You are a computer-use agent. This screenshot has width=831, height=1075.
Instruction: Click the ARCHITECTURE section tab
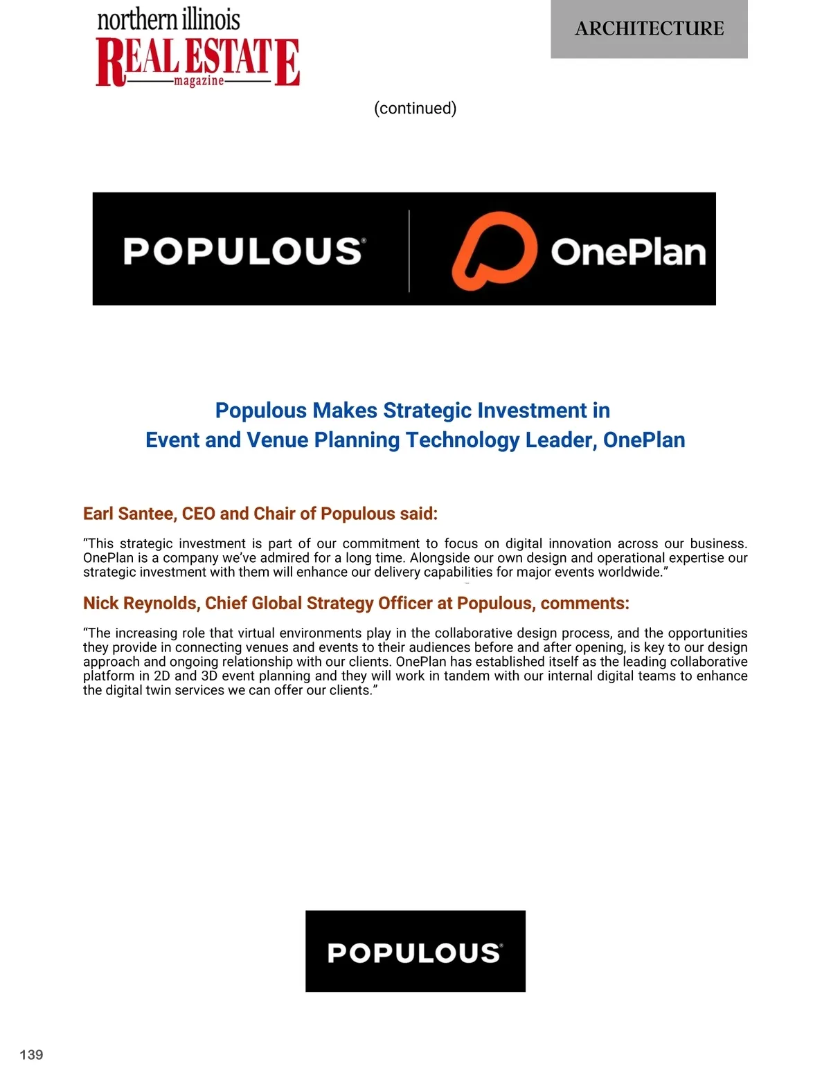pos(649,29)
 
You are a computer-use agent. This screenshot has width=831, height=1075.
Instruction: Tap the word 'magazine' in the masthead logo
pos(199,81)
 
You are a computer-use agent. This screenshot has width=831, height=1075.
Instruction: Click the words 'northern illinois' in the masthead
pos(168,19)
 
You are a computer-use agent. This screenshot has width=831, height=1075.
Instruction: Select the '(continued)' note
pos(415,108)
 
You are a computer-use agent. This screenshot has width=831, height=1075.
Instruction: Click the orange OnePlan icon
pos(494,250)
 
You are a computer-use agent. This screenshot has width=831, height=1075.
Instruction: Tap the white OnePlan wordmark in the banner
pos(628,252)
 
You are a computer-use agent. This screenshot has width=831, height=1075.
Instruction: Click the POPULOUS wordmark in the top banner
pos(244,251)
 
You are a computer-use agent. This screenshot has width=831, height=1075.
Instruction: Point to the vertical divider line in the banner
pos(409,251)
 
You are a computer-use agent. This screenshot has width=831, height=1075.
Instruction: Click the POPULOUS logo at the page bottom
pos(415,952)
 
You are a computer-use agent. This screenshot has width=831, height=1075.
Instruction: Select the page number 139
pos(31,1054)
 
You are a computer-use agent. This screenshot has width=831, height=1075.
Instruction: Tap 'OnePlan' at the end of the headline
pos(644,440)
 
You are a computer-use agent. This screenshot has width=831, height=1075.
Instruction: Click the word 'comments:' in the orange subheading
pos(584,603)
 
